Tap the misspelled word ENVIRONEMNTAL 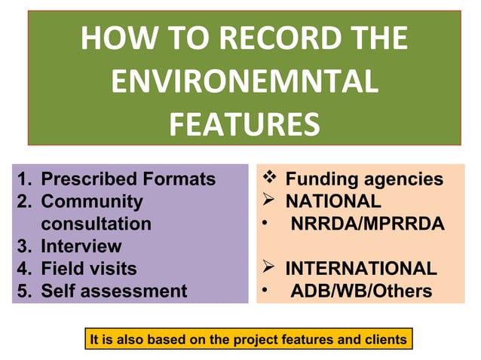[x=244, y=81]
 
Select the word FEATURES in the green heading [x=244, y=124]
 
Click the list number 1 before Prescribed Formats [x=23, y=180]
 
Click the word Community [x=91, y=202]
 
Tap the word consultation [x=96, y=224]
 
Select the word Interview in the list [x=81, y=246]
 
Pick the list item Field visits [x=88, y=268]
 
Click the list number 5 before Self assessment [x=23, y=291]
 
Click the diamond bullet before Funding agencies [x=271, y=179]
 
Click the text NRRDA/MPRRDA [x=367, y=224]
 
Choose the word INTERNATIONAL [x=360, y=269]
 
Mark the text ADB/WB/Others [x=361, y=291]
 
